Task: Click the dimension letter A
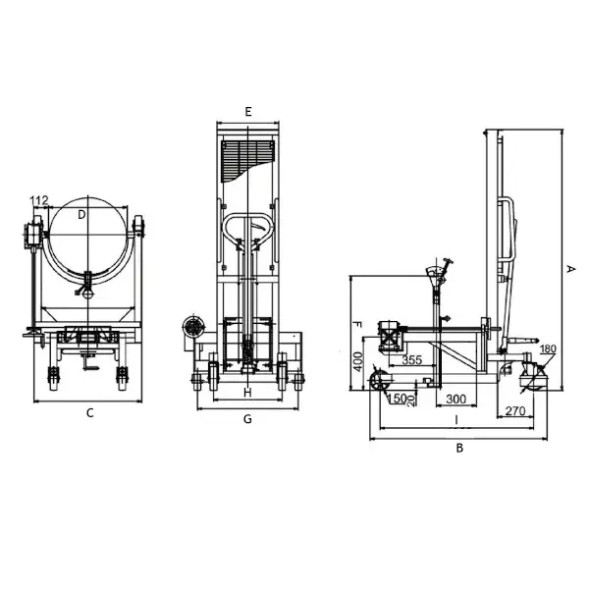(570, 269)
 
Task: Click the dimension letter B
(459, 448)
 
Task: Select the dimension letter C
(89, 413)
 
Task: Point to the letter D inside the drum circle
(81, 215)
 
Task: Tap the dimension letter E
(248, 112)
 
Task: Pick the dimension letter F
(357, 325)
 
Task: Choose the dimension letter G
(247, 419)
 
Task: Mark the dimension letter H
(247, 393)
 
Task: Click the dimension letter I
(456, 419)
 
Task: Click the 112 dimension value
(40, 201)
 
